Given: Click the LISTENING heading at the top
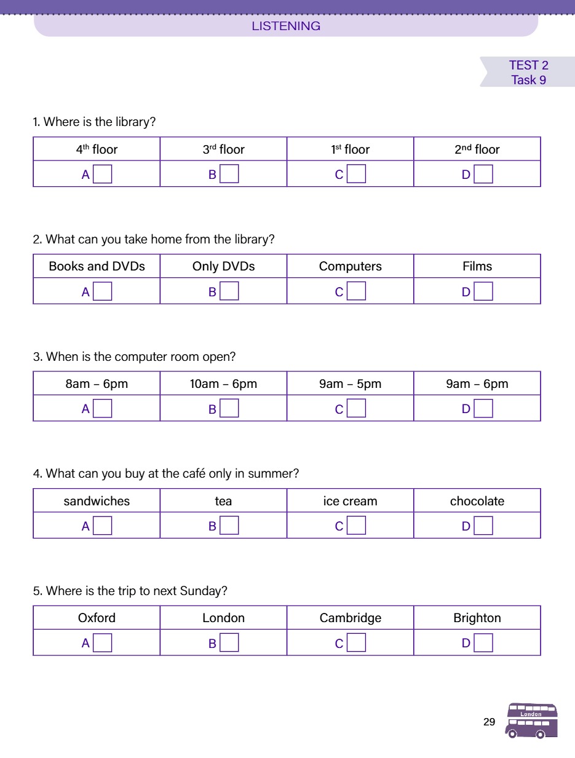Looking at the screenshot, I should [286, 26].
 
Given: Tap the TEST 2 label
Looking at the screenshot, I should [528, 65].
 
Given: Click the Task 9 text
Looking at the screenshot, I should [528, 80].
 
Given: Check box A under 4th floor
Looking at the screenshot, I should [103, 175].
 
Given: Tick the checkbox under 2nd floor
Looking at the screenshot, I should [483, 175].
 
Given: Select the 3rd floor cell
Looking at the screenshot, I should [223, 149].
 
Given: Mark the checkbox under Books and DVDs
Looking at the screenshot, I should [103, 291].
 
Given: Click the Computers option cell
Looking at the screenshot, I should [350, 266].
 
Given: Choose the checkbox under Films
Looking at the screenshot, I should [483, 291].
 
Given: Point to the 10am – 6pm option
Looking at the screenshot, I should [223, 384].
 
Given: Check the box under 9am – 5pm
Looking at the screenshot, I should [357, 409].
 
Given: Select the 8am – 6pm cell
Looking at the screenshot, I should [97, 384].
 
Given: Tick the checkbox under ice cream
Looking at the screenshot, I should [357, 526].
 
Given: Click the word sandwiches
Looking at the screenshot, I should [97, 501].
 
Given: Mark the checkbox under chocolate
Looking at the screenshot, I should [483, 526].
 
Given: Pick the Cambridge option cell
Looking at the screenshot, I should [350, 618].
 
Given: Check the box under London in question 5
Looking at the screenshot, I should [229, 643].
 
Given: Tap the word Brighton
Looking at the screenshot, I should [477, 618].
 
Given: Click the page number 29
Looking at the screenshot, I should [489, 722].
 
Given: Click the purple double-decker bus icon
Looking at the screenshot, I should [532, 720].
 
